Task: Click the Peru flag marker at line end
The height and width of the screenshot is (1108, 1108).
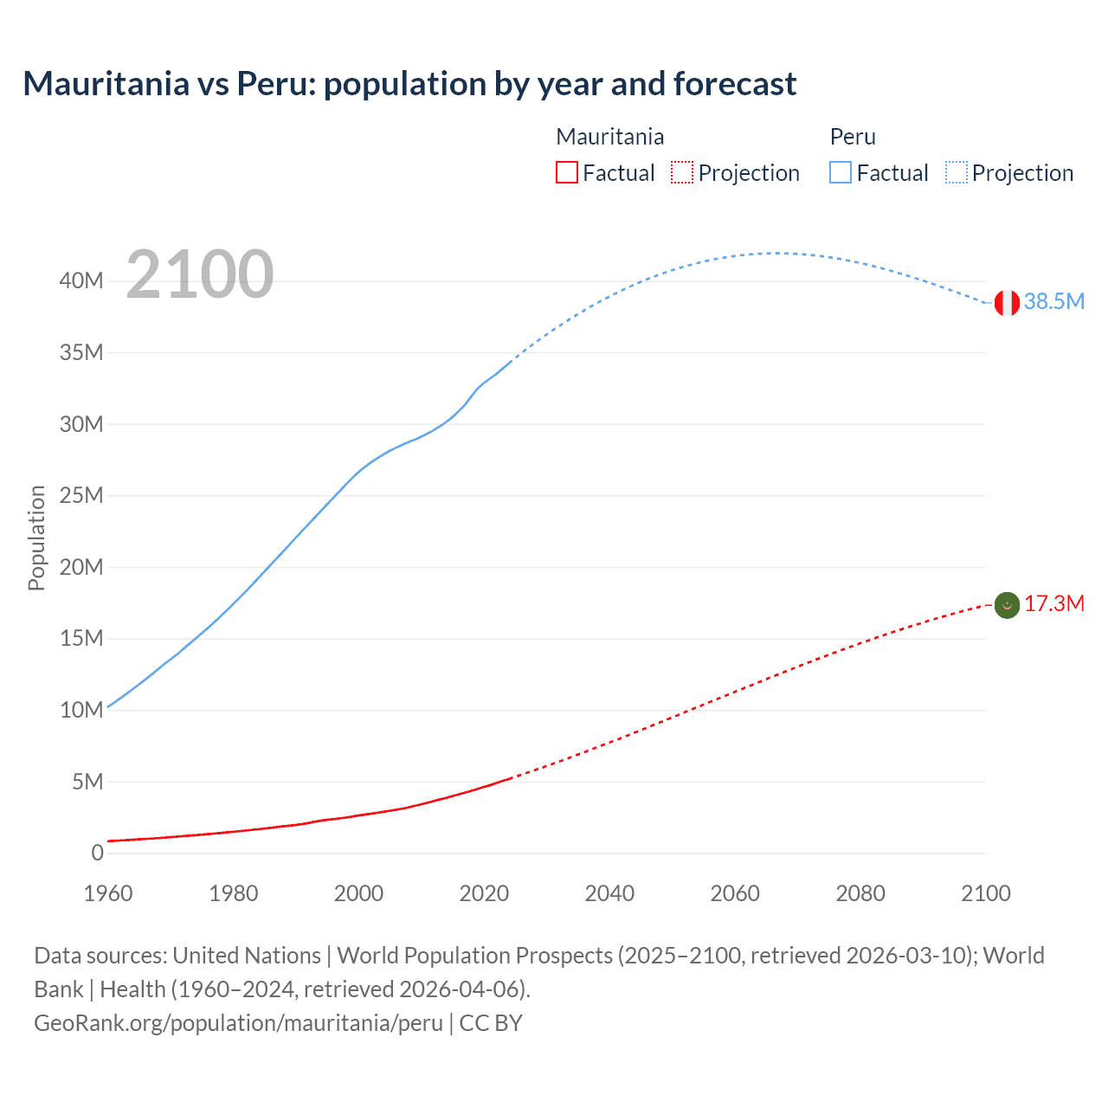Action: pos(1006,303)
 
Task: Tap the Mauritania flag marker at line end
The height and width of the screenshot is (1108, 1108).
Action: pos(1006,605)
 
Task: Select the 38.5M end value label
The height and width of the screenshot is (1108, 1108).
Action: pos(1053,301)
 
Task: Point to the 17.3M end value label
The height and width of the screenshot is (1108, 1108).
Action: pos(1053,603)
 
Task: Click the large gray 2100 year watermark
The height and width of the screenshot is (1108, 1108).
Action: pos(200,274)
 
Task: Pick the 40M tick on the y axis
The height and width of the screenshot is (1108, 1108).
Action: pos(81,280)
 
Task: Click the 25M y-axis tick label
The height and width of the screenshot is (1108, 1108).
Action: pos(81,495)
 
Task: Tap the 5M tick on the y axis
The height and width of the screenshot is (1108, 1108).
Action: pos(87,782)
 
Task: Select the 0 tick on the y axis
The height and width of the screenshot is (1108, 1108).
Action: pos(97,853)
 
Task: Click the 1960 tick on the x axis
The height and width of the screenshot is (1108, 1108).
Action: pos(108,893)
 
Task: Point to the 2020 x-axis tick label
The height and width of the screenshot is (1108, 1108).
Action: pos(484,893)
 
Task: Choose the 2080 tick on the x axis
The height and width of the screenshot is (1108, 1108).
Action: pos(860,893)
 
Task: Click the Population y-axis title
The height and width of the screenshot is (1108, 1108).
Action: pos(36,538)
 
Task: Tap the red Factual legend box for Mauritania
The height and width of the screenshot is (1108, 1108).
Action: pos(566,173)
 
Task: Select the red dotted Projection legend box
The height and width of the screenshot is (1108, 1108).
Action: pos(682,173)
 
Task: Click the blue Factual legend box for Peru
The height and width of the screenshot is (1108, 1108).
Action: pos(841,173)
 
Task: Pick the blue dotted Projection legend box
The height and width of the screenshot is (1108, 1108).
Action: pos(957,173)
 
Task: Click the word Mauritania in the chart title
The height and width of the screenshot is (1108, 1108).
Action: pos(106,84)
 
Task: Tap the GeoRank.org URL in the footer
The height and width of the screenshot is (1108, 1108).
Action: pos(238,1023)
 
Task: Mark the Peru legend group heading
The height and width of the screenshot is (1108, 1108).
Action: pos(853,137)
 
